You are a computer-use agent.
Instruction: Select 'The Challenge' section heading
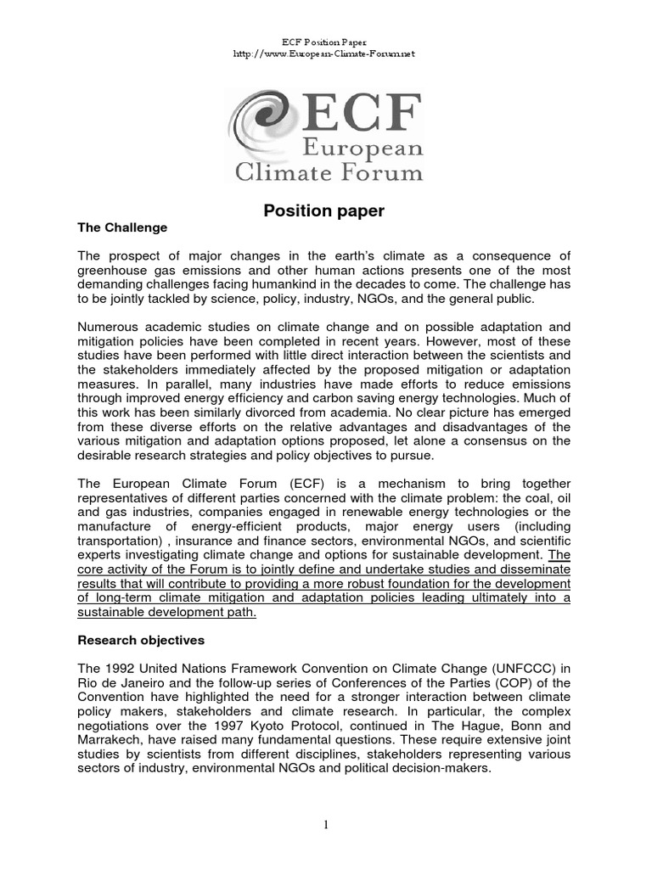click(x=122, y=228)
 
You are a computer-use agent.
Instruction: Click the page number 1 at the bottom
click(x=325, y=824)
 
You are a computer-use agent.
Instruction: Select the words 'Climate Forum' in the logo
click(x=329, y=174)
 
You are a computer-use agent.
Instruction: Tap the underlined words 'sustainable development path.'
click(x=166, y=614)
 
